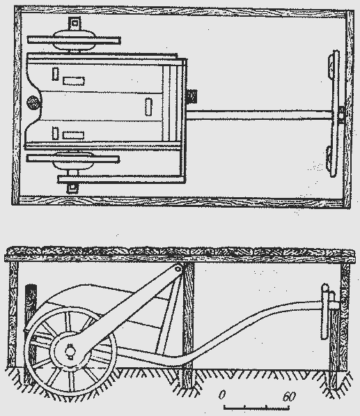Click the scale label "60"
(289, 396)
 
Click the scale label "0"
(222, 395)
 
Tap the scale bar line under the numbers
(256, 407)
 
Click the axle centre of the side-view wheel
(70, 351)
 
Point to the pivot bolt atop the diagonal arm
(178, 269)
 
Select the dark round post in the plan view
(33, 102)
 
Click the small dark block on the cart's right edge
(191, 96)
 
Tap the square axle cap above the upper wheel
(75, 24)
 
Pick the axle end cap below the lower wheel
(72, 188)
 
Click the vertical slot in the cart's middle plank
(148, 107)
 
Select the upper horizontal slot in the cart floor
(74, 81)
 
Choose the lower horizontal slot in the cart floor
(73, 135)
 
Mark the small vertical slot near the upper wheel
(55, 74)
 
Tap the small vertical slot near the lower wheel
(55, 133)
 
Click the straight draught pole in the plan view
(259, 115)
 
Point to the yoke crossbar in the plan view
(335, 114)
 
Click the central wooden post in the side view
(188, 326)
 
